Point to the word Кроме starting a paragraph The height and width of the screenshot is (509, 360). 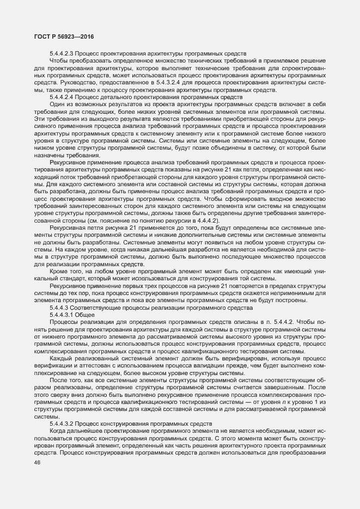pos(59,271)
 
